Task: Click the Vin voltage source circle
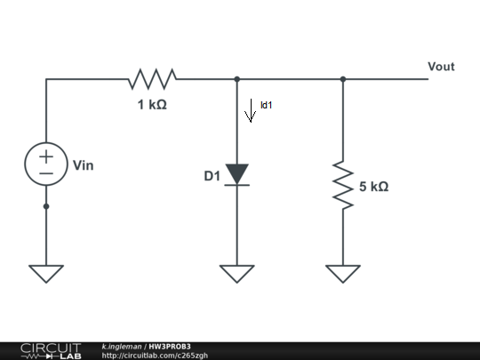click(x=46, y=164)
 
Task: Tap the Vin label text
click(x=83, y=164)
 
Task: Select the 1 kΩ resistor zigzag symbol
click(x=152, y=79)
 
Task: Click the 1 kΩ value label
click(x=151, y=104)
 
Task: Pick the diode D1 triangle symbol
click(x=236, y=174)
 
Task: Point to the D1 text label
click(x=212, y=176)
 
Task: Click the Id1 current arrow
click(x=250, y=113)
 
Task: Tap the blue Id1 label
click(x=266, y=105)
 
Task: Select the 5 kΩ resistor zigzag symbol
click(x=343, y=181)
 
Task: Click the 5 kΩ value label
click(x=373, y=188)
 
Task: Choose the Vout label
click(x=442, y=67)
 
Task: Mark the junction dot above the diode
click(x=236, y=79)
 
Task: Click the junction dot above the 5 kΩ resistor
click(x=343, y=79)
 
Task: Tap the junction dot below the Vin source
click(x=46, y=206)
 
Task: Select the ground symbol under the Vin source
click(x=46, y=273)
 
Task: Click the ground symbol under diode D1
click(x=236, y=273)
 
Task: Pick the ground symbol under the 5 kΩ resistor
click(x=343, y=273)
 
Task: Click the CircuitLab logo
click(x=50, y=350)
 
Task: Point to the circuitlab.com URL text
click(x=155, y=356)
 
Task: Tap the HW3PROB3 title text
click(x=170, y=346)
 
